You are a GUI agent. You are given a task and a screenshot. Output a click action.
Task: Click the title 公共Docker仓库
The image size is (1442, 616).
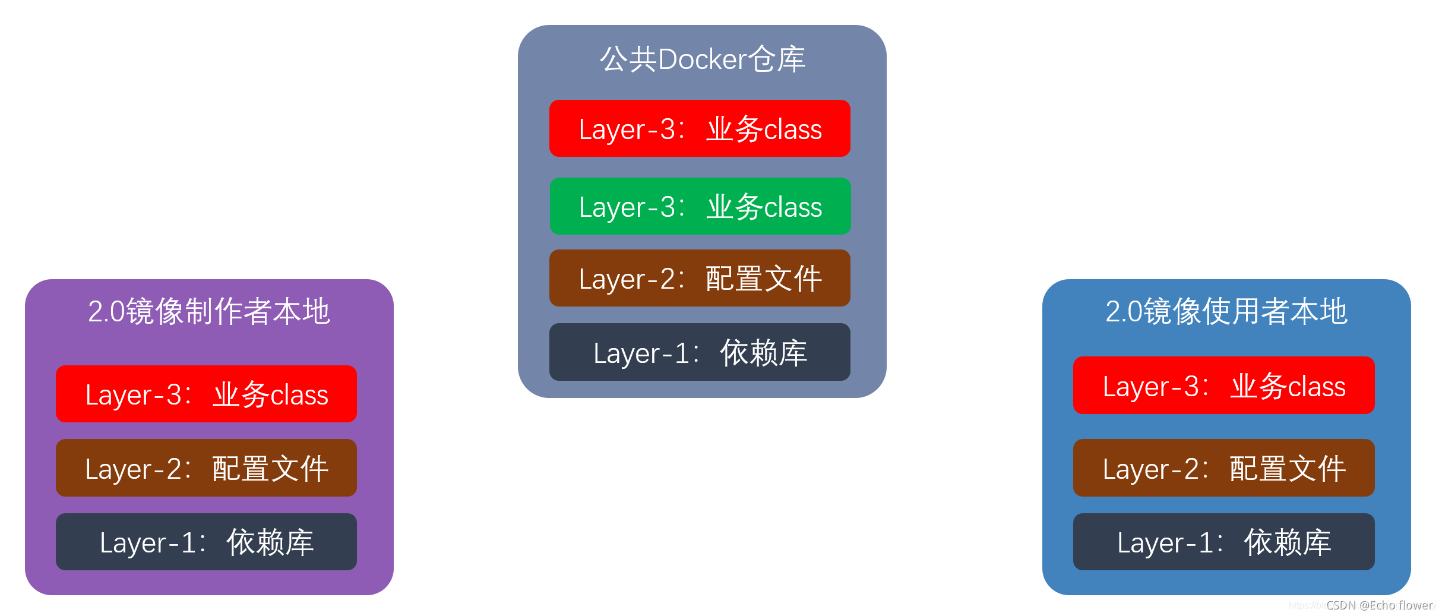click(702, 59)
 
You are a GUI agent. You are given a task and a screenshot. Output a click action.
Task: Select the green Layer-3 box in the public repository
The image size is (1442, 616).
click(700, 206)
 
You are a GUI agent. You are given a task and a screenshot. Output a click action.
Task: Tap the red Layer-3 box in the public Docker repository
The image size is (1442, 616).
click(700, 128)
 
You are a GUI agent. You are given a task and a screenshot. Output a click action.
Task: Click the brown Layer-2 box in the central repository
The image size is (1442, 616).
click(700, 278)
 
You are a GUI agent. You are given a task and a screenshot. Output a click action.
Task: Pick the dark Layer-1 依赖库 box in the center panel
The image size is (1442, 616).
click(700, 352)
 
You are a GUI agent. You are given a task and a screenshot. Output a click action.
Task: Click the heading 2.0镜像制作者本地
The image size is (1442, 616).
click(209, 311)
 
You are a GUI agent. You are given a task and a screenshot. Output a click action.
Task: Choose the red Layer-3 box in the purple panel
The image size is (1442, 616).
click(206, 394)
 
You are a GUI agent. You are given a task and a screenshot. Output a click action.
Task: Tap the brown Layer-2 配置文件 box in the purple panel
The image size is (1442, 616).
click(206, 468)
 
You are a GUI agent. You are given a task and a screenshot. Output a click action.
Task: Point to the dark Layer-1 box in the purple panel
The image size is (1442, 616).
click(206, 542)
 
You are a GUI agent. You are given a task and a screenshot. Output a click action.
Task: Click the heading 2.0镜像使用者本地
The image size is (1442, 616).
click(1226, 311)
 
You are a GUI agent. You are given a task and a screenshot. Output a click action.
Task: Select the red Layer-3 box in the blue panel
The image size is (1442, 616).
click(1223, 386)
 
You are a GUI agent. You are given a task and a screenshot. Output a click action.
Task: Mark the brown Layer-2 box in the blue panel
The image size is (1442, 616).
click(1223, 468)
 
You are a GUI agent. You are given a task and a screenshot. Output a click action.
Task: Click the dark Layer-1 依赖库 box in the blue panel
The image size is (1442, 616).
click(1223, 542)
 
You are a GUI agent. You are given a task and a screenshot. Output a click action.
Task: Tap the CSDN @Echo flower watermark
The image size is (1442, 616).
click(1379, 605)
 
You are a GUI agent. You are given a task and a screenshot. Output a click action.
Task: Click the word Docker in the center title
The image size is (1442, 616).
click(702, 59)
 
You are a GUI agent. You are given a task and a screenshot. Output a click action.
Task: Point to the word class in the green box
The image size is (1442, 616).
click(793, 207)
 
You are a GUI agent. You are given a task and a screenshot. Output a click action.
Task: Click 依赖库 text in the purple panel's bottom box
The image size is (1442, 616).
click(270, 542)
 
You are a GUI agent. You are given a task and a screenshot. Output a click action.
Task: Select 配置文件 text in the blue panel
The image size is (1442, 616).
click(1288, 469)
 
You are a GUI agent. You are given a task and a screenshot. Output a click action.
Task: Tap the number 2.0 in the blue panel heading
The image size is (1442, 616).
click(1124, 312)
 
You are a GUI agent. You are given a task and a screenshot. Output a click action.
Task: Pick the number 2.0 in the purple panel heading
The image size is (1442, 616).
click(106, 312)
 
